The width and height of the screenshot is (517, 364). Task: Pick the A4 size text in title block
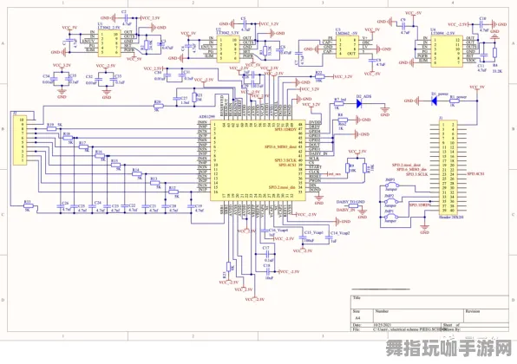pos(357,316)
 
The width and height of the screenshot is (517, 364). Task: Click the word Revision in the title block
pos(473,309)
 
